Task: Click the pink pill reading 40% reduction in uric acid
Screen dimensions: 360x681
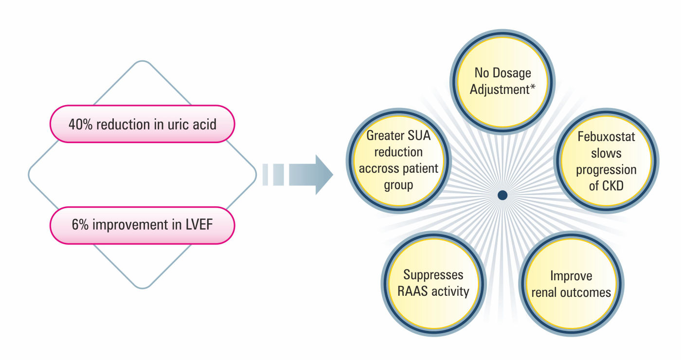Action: (x=142, y=124)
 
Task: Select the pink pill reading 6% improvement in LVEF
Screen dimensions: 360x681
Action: (x=142, y=225)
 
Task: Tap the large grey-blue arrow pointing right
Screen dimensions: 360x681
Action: (x=311, y=175)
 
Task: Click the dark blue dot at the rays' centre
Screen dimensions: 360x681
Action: (x=503, y=195)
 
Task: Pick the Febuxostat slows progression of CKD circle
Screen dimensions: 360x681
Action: (x=606, y=161)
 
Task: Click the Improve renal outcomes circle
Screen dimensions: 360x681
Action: (x=571, y=284)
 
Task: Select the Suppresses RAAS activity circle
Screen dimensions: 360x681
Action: (x=433, y=283)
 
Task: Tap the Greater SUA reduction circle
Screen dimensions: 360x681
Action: (x=398, y=161)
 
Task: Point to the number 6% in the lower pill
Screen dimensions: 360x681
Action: (x=78, y=225)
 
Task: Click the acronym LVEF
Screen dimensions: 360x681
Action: (x=201, y=225)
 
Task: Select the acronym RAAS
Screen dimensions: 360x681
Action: (x=413, y=291)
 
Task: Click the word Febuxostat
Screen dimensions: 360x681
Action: (x=606, y=137)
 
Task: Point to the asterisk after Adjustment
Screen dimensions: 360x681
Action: (x=533, y=88)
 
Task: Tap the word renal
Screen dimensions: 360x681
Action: (x=546, y=292)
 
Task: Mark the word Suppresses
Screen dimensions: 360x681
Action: (x=433, y=275)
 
